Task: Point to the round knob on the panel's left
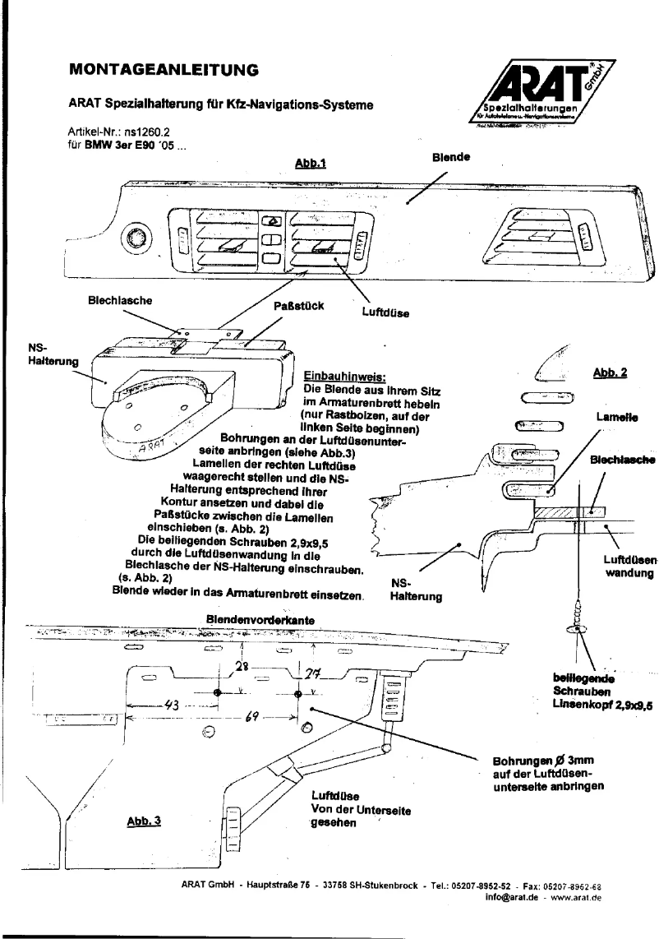click(x=134, y=239)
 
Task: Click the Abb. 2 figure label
click(x=610, y=372)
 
